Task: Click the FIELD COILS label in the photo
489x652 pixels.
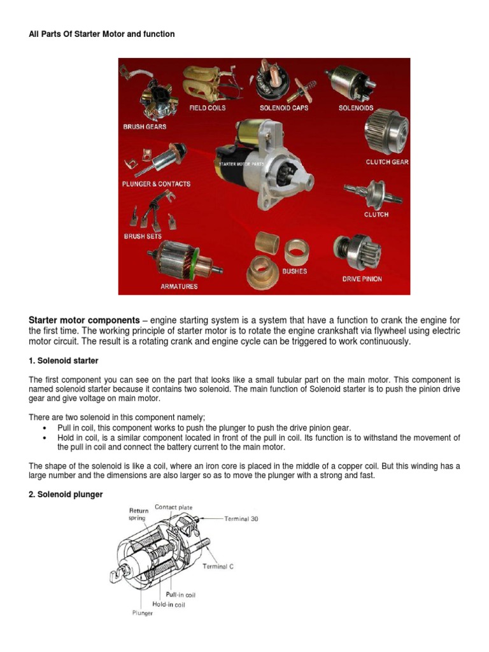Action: [x=207, y=108]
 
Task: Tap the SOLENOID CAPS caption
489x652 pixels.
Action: [x=284, y=108]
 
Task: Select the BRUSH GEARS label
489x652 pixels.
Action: [x=145, y=127]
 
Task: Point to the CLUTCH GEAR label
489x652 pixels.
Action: [x=387, y=162]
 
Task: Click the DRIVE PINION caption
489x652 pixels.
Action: [x=362, y=279]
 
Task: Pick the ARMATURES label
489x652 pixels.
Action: [x=179, y=287]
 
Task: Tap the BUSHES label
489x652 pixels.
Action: [x=295, y=271]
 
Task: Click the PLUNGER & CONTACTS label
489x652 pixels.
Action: [x=156, y=184]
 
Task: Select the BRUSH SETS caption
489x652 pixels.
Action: [x=143, y=236]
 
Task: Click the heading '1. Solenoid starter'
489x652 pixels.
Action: [x=64, y=361]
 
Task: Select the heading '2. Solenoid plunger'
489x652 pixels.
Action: [x=66, y=494]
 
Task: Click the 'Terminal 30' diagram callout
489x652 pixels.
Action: [x=241, y=519]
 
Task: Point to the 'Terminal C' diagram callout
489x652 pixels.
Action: [x=218, y=567]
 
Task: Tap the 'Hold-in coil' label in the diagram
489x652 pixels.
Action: [x=169, y=604]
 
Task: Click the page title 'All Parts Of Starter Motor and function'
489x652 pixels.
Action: [x=102, y=34]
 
